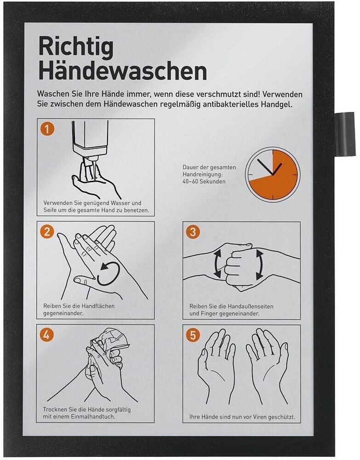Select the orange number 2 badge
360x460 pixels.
pyautogui.click(x=47, y=232)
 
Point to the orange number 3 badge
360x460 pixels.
pyautogui.click(x=193, y=232)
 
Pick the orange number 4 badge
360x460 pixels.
pyautogui.click(x=47, y=335)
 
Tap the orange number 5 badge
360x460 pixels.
pyautogui.click(x=193, y=335)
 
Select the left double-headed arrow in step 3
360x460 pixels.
pyautogui.click(x=217, y=264)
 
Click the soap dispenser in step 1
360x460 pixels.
pyautogui.click(x=90, y=146)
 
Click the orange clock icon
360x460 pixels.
pyautogui.click(x=273, y=175)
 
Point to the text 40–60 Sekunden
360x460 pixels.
pyautogui.click(x=204, y=182)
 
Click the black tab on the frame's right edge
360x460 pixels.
pyautogui.click(x=345, y=133)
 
